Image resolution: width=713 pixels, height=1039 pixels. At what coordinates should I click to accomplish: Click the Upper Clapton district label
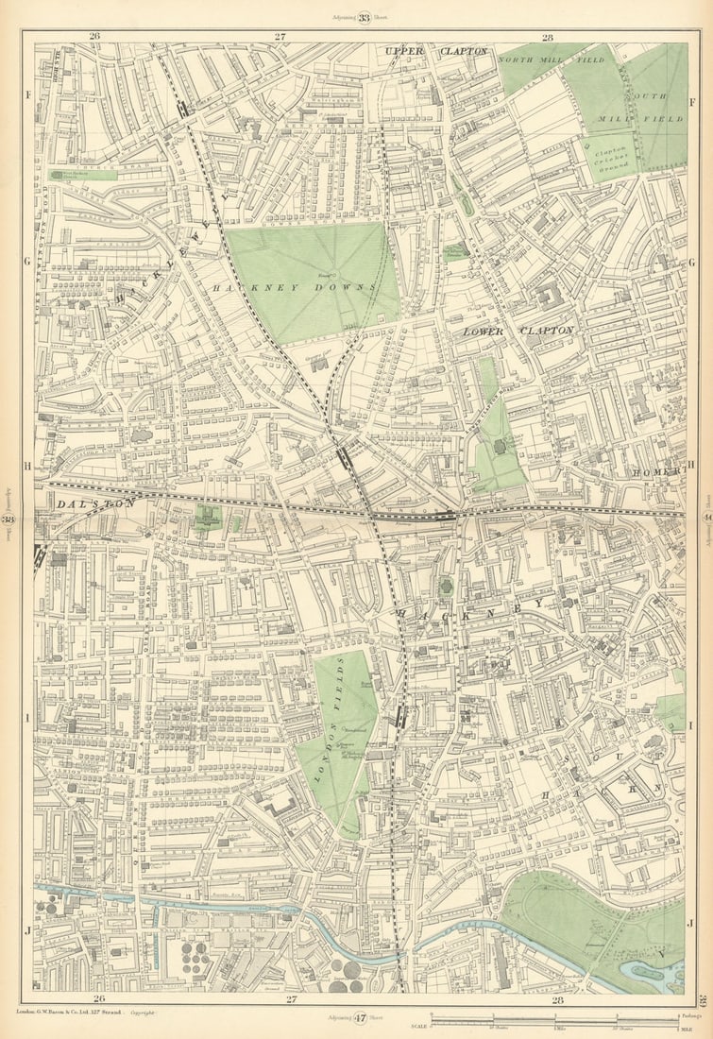pyautogui.click(x=436, y=51)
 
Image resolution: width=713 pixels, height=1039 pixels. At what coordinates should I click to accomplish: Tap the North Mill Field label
pyautogui.click(x=538, y=59)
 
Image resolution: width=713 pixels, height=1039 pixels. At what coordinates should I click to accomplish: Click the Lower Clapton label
pyautogui.click(x=518, y=332)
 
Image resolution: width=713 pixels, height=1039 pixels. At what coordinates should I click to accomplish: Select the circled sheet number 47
pyautogui.click(x=360, y=1018)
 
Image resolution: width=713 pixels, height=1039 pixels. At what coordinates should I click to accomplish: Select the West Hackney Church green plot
pyautogui.click(x=83, y=175)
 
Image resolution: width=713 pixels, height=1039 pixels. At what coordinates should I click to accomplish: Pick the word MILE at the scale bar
pyautogui.click(x=672, y=1028)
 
